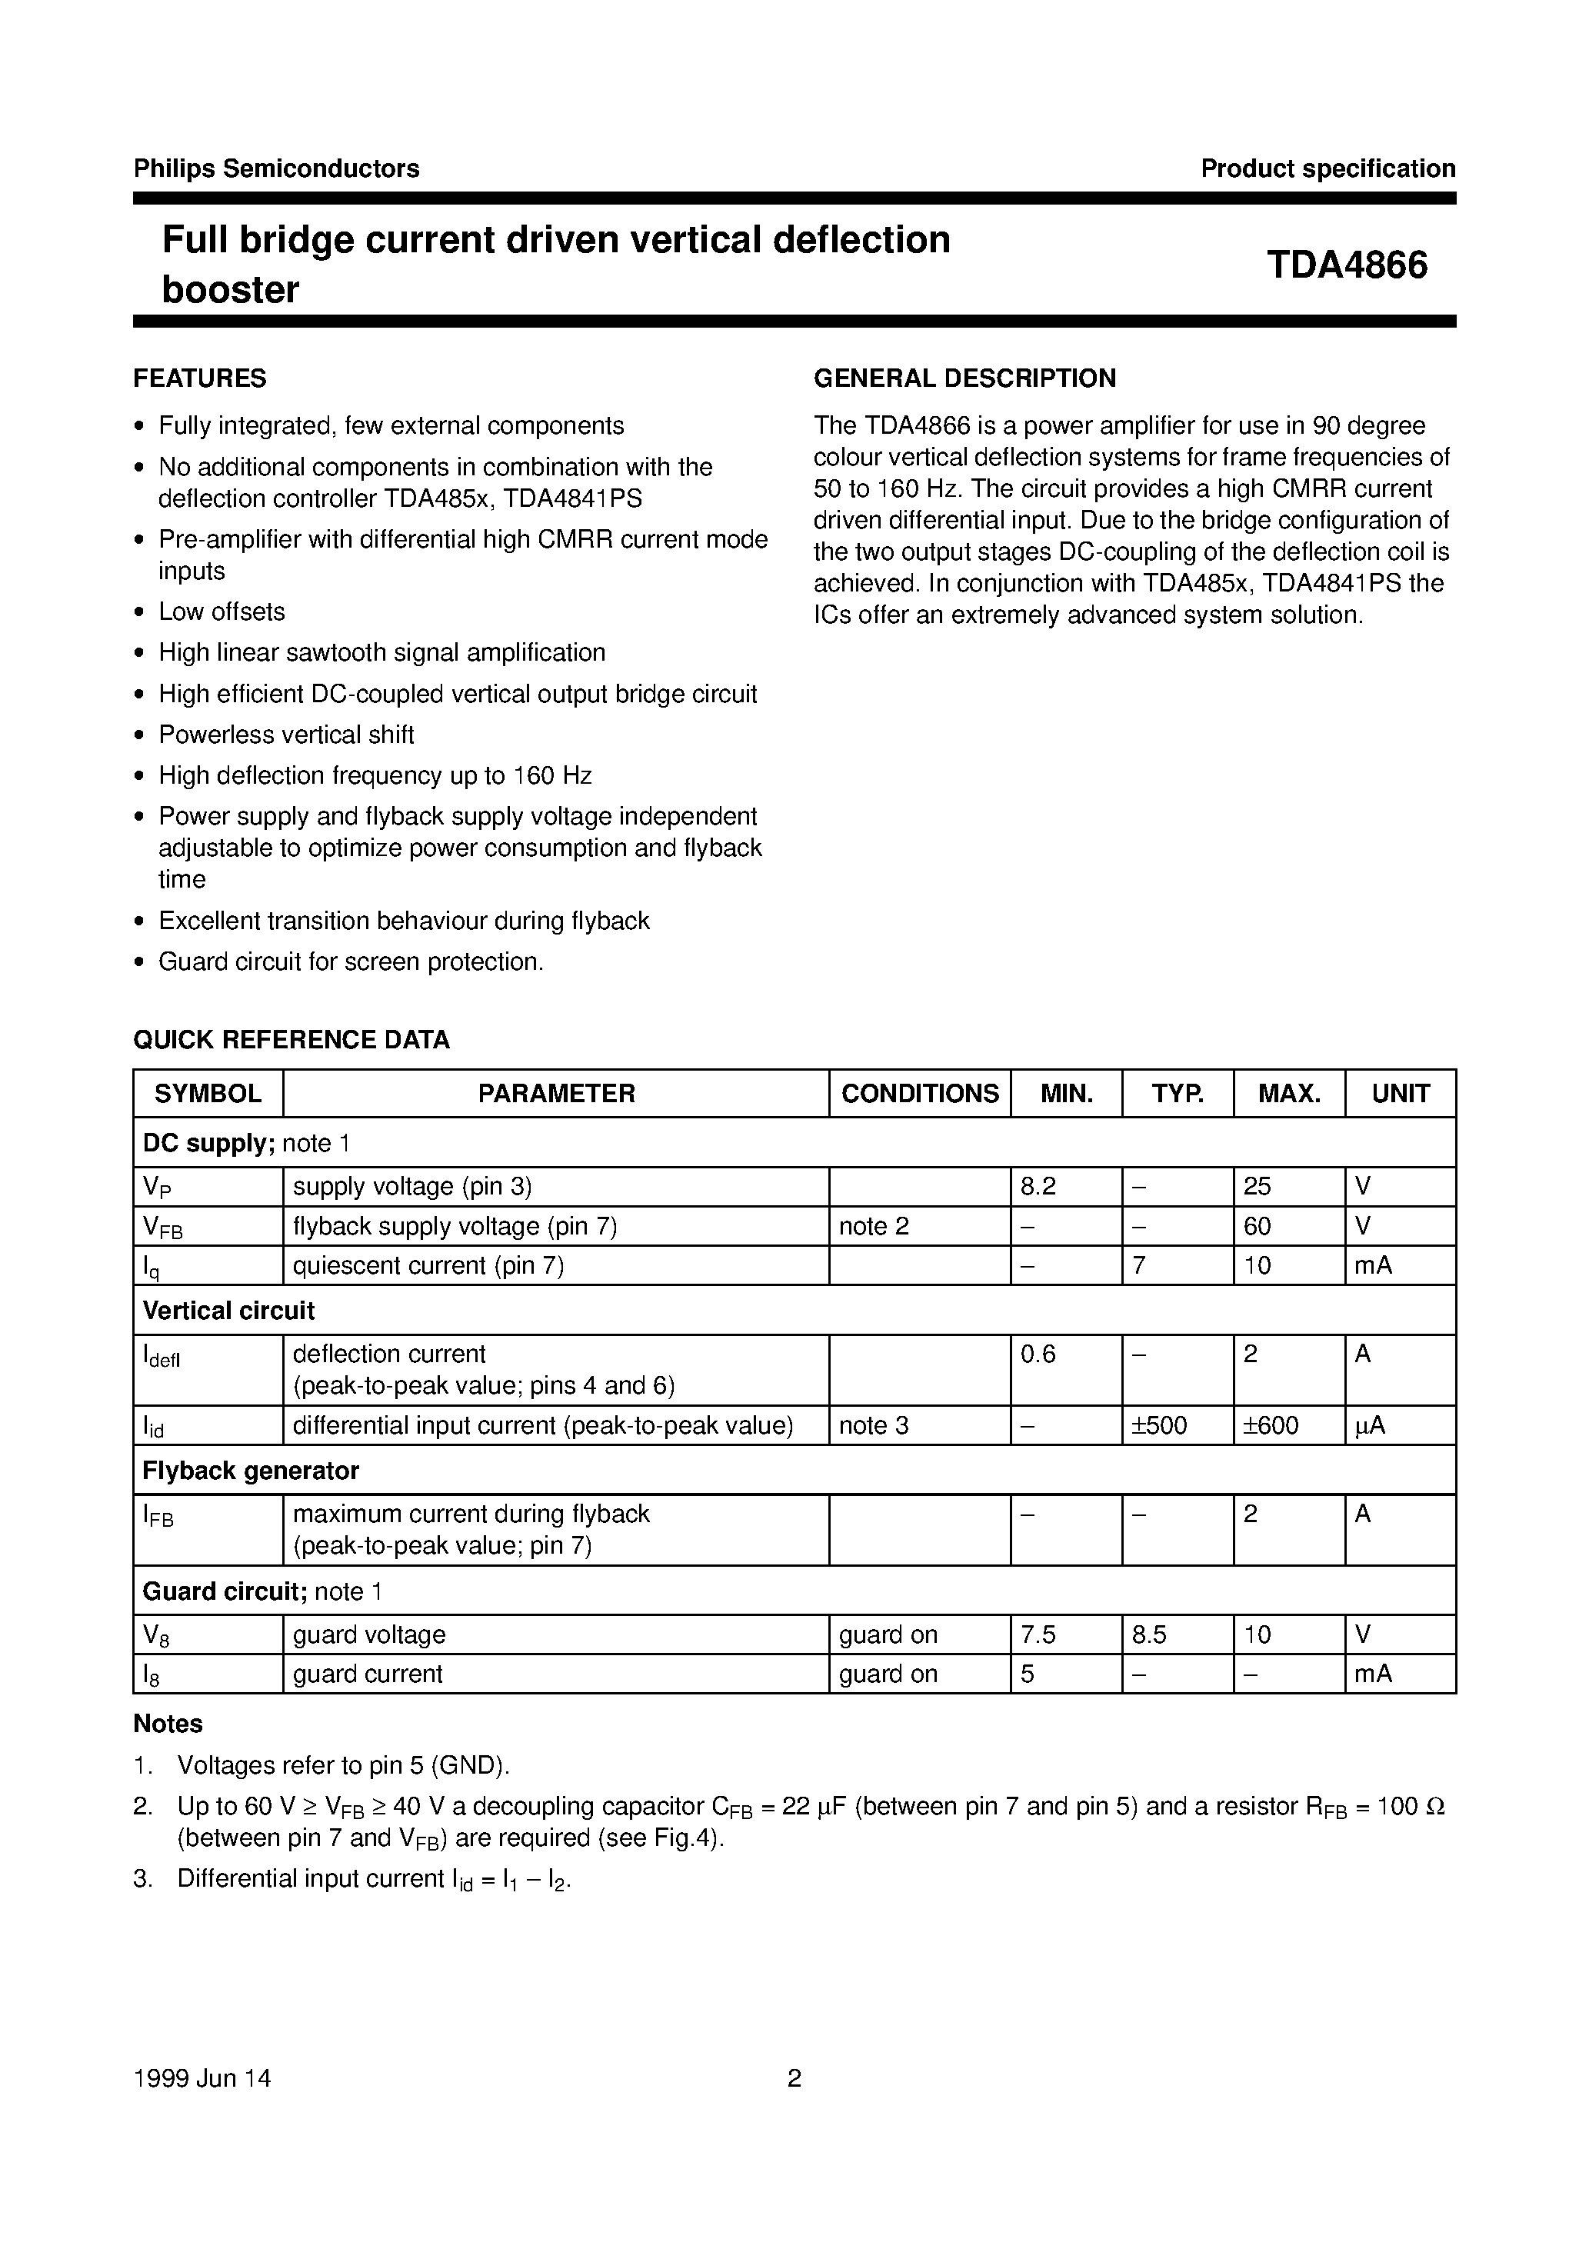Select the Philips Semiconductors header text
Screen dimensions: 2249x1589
(276, 168)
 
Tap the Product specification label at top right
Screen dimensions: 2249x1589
(1327, 168)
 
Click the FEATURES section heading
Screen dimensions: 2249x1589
(200, 378)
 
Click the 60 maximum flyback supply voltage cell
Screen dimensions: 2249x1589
(1257, 1226)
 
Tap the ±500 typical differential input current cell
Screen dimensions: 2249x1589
(1159, 1425)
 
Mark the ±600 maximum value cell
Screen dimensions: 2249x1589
(1271, 1425)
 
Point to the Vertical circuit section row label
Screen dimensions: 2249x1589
(228, 1311)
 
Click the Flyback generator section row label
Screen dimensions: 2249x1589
(251, 1471)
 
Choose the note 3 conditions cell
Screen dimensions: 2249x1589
(874, 1425)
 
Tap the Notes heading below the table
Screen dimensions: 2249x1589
(168, 1723)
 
